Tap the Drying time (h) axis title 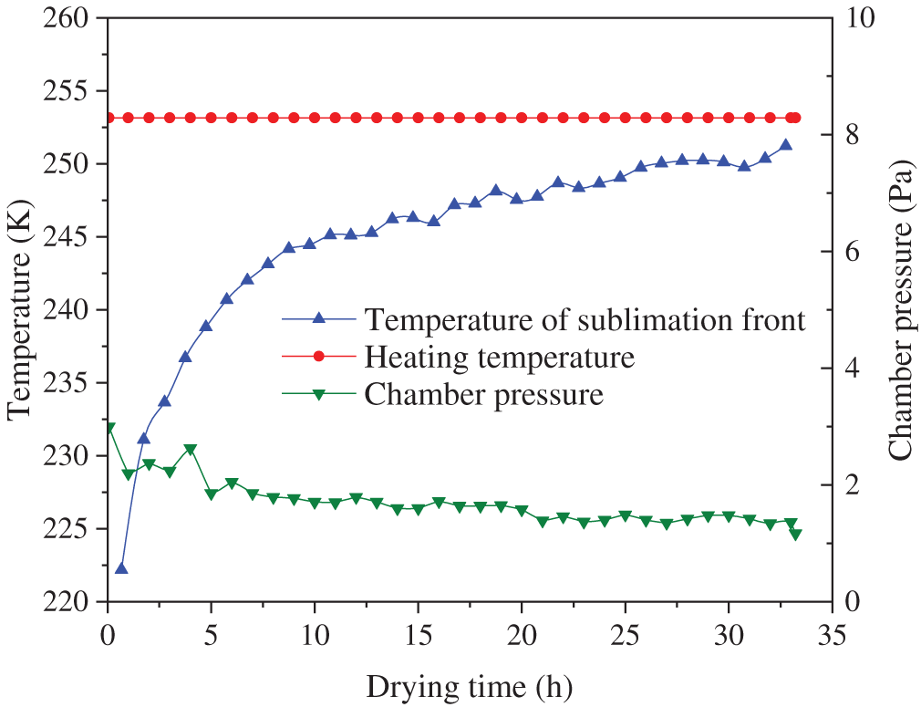(x=471, y=684)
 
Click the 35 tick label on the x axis (x=831, y=633)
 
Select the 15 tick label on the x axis (x=418, y=633)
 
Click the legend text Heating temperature (x=499, y=357)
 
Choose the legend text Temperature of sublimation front (x=585, y=319)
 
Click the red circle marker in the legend (x=318, y=357)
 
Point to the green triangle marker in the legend (x=318, y=395)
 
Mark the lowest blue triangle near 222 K (x=121, y=568)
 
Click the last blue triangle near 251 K (x=785, y=145)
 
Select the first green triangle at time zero (x=109, y=428)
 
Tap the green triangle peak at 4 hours (x=191, y=450)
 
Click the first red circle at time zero (x=109, y=118)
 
